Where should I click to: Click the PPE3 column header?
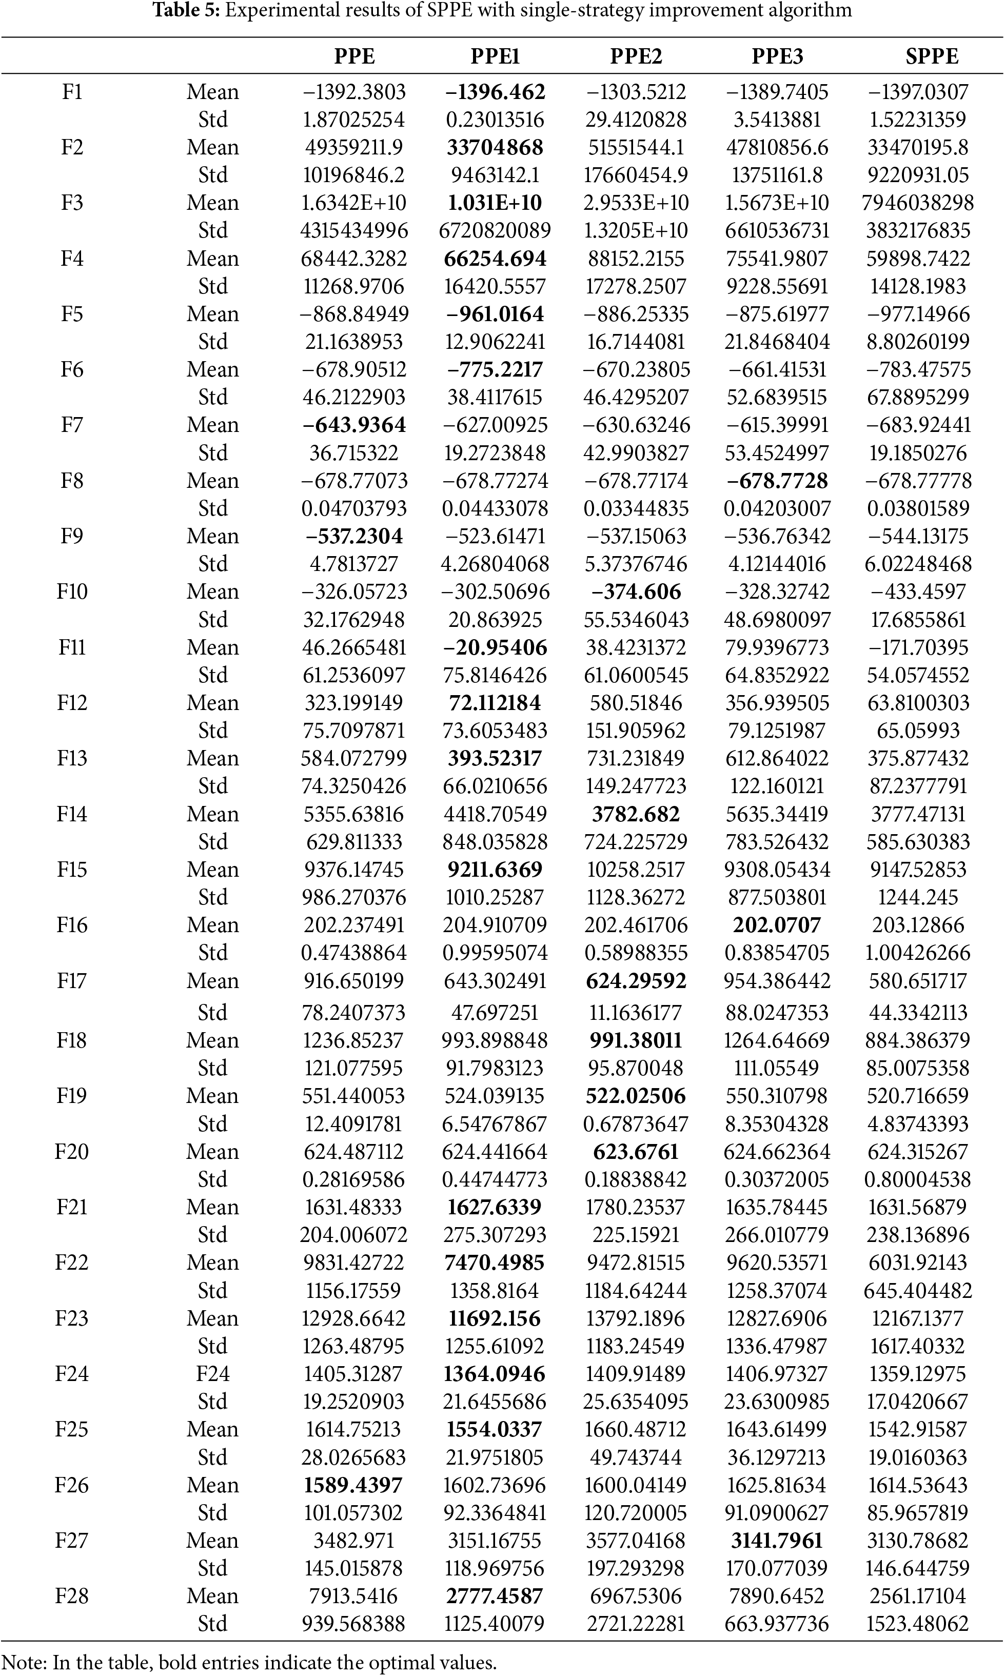click(x=777, y=56)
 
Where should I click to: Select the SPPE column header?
click(x=931, y=56)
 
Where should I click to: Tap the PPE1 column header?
click(x=495, y=56)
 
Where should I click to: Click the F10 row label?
click(x=72, y=592)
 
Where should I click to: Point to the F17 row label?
click(x=72, y=981)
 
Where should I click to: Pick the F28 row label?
click(x=72, y=1596)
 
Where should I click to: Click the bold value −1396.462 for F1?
click(x=495, y=92)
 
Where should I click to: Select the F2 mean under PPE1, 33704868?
click(x=495, y=148)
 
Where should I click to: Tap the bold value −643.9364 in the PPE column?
click(x=354, y=425)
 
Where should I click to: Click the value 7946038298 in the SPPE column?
click(x=918, y=203)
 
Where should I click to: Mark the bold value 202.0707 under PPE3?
click(x=777, y=925)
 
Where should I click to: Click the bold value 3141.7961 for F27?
click(x=777, y=1541)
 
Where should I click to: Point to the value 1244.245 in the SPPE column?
click(x=918, y=897)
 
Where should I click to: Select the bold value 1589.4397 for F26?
click(x=353, y=1485)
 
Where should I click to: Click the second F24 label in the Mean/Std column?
click(x=213, y=1374)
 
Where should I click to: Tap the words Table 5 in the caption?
click(x=184, y=11)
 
